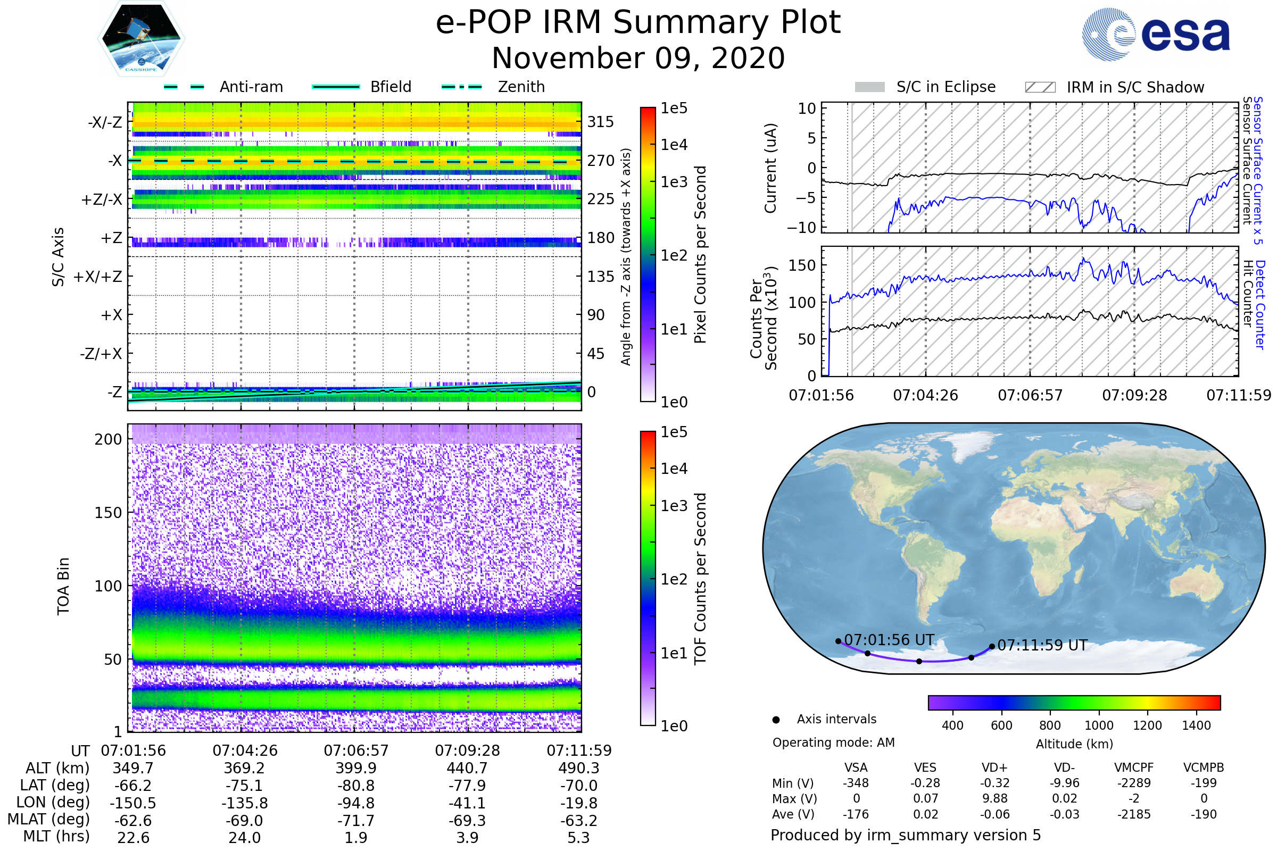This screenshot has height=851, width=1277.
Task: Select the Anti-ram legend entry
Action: point(251,87)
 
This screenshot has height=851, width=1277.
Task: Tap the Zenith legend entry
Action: point(521,87)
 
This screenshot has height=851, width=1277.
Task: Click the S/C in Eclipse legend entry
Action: point(946,87)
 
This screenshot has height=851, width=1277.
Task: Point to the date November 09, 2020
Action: point(638,58)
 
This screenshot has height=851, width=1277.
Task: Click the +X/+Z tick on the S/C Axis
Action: point(98,277)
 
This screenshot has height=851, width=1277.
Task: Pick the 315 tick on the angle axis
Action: point(600,122)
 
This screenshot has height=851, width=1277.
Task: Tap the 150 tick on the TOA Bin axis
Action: point(108,513)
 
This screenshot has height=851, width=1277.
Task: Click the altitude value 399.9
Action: point(355,768)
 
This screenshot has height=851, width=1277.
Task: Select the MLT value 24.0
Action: point(244,837)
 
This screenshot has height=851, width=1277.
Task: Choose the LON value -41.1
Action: point(467,803)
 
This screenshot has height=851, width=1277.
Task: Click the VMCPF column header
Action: point(1134,767)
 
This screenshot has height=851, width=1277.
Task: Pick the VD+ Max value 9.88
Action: point(994,798)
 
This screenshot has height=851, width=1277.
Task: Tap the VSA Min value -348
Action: point(856,783)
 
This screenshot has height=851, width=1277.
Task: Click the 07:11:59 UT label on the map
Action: point(1042,645)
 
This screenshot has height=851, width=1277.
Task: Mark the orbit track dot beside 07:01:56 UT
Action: point(839,641)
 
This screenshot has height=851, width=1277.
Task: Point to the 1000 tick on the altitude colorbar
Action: point(1099,725)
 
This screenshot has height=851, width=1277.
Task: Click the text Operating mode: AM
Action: point(833,742)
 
